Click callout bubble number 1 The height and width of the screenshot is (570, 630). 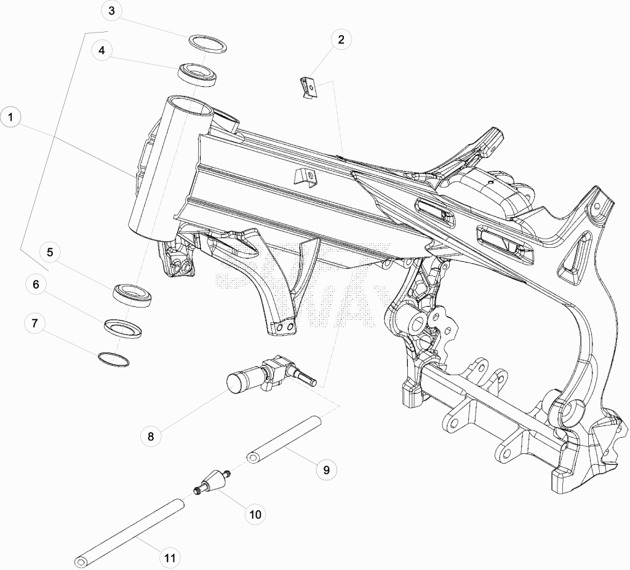(x=10, y=117)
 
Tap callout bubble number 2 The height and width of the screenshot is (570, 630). (x=341, y=40)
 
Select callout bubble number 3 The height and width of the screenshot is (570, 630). (x=112, y=11)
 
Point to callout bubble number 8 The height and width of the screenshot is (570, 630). (x=151, y=436)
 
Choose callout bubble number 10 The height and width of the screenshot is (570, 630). (x=255, y=514)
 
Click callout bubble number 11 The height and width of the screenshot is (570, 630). (x=170, y=558)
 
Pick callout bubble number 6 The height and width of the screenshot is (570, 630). (x=36, y=285)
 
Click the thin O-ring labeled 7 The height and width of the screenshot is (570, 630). (x=114, y=354)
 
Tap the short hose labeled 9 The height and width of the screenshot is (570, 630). (x=284, y=441)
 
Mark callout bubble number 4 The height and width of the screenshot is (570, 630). (x=102, y=50)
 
